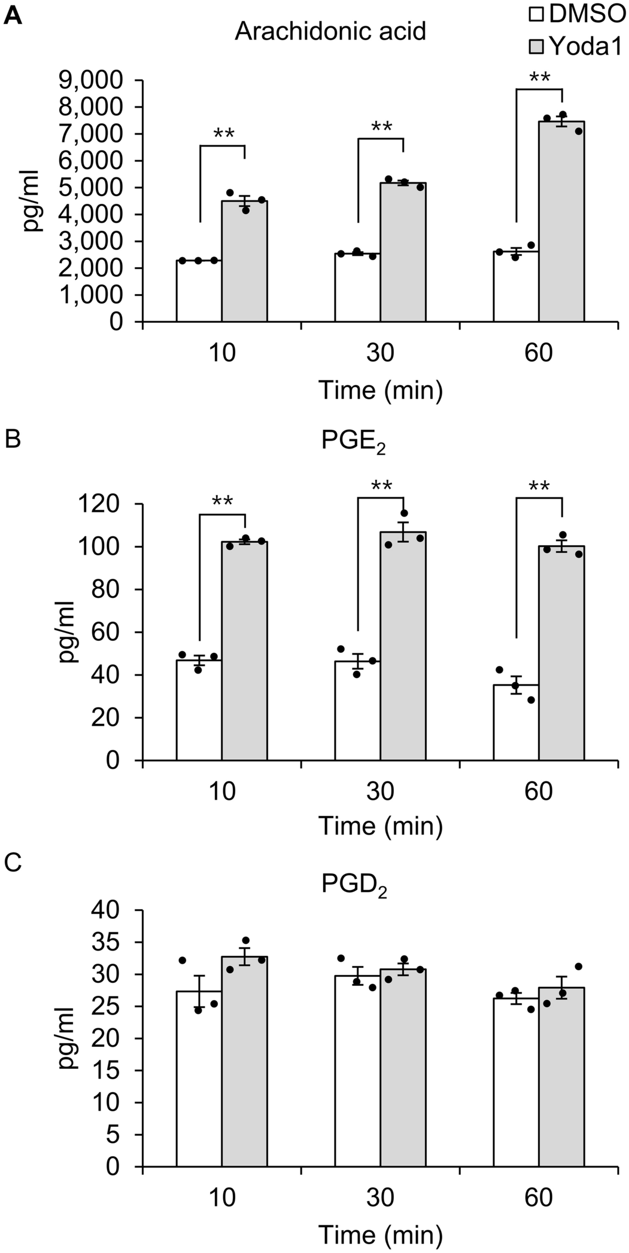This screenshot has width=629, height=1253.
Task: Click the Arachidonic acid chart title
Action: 330,31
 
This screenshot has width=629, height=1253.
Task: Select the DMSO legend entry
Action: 577,14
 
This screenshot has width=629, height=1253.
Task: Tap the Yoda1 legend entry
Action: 577,46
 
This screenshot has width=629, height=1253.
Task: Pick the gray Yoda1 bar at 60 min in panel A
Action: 561,221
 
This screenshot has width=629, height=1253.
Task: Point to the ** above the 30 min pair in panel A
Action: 382,127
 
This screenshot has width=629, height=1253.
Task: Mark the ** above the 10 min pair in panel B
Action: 223,502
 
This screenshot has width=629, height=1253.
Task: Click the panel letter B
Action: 13,439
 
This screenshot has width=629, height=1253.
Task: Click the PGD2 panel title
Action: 354,884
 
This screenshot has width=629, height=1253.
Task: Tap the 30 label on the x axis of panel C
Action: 380,1198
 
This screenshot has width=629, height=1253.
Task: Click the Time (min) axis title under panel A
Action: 381,390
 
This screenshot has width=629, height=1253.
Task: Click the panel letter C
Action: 13,863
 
